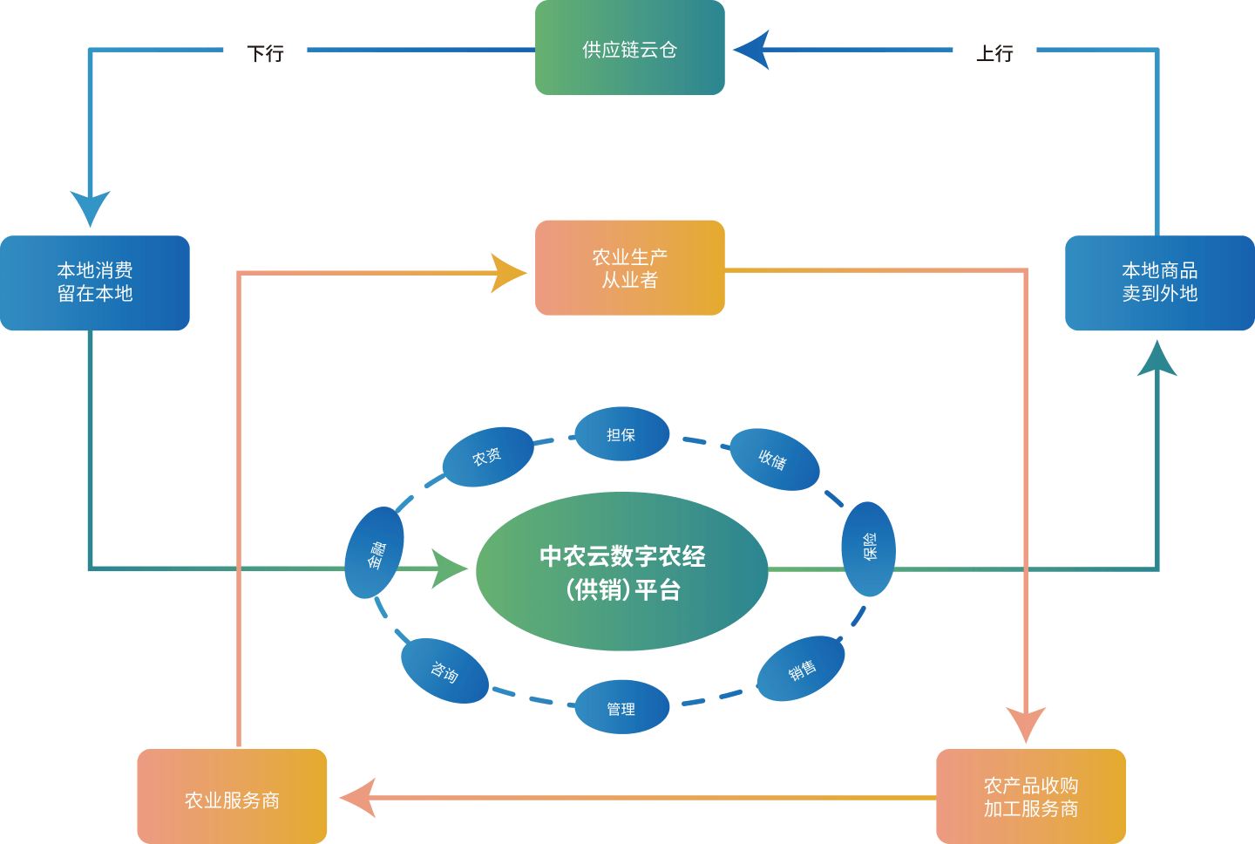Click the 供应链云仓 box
(x=629, y=48)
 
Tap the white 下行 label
(x=265, y=51)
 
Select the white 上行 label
(x=994, y=51)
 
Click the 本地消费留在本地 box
(x=94, y=282)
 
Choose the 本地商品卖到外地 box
(x=1159, y=282)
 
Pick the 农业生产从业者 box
(x=629, y=268)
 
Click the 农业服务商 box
(x=232, y=797)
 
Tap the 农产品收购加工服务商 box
(x=1031, y=797)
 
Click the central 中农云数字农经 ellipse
(x=622, y=572)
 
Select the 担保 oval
(x=621, y=434)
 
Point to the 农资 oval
(x=487, y=457)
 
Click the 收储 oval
(x=773, y=459)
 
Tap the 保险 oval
(x=868, y=548)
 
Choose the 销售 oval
(x=801, y=670)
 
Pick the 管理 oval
(x=621, y=708)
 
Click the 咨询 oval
(x=444, y=671)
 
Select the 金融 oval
(x=375, y=553)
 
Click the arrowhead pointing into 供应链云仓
(x=751, y=50)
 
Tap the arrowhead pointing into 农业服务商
(x=357, y=798)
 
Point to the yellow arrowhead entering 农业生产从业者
(x=508, y=273)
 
